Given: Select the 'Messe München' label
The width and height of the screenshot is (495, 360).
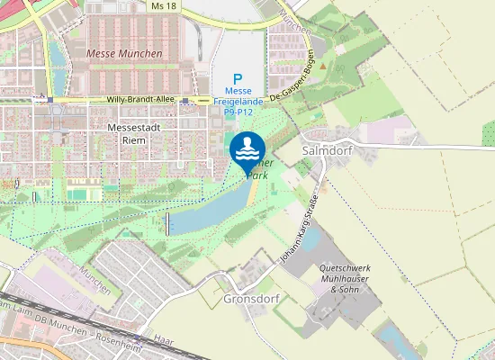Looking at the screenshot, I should tap(124, 54).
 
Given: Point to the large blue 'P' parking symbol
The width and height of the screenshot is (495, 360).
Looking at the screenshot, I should tap(238, 79).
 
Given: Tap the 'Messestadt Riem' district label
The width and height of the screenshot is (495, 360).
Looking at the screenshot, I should tap(133, 134).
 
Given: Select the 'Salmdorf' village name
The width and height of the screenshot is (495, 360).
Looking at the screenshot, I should tap(325, 151).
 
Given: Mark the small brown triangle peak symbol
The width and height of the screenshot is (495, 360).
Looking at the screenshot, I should tap(322, 66).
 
